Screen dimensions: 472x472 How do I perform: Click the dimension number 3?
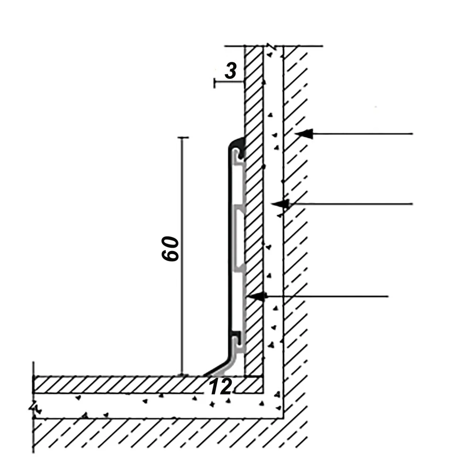click(231, 71)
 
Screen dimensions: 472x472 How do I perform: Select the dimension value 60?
click(170, 249)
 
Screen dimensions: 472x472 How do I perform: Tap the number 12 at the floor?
click(220, 387)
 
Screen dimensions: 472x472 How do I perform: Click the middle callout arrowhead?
click(280, 204)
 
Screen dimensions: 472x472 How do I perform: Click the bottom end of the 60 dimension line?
click(182, 375)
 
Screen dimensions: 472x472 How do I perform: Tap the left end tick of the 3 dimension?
click(214, 83)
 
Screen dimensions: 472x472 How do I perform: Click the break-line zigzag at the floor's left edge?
click(34, 408)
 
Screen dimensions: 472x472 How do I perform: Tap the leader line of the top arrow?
click(362, 134)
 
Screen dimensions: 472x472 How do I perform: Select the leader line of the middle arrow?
click(351, 204)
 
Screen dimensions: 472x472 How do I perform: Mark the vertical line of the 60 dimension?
click(182, 256)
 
